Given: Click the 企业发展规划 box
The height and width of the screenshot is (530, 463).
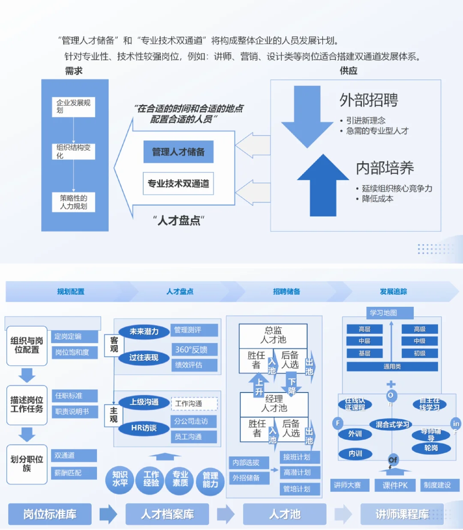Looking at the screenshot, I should [x=73, y=107].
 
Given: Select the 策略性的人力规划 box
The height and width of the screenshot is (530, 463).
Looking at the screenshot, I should [x=73, y=202].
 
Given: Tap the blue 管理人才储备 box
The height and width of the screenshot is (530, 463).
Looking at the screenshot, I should [x=178, y=152].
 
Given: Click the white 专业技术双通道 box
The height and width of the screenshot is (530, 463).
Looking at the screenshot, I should [x=178, y=184].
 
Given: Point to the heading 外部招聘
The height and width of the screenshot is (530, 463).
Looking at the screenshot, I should [x=369, y=100].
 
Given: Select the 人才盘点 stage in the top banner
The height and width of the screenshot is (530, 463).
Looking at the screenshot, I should [x=180, y=292].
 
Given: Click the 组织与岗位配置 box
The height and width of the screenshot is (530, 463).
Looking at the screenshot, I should [x=27, y=346].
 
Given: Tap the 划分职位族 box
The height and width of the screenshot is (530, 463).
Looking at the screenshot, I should [x=27, y=464].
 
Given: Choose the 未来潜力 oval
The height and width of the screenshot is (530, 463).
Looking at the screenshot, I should [x=144, y=332].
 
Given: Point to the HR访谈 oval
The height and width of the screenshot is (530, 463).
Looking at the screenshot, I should [x=144, y=428].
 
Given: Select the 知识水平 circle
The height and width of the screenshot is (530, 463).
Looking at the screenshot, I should [x=120, y=479].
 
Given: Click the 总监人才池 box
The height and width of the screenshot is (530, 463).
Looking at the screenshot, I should [x=273, y=335].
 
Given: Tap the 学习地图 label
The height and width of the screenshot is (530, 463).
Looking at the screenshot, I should [x=383, y=313].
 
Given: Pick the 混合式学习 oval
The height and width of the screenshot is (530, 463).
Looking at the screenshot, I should [x=392, y=425].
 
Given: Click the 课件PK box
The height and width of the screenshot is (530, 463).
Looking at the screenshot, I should [x=395, y=485].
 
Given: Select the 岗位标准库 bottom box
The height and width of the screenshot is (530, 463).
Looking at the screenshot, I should [x=50, y=514].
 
